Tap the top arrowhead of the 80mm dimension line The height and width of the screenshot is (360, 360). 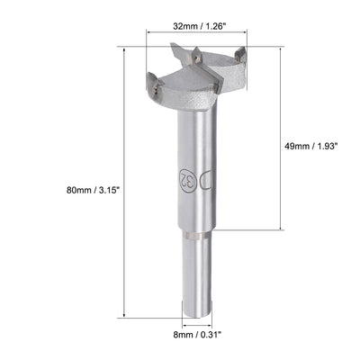(x=121, y=50)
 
